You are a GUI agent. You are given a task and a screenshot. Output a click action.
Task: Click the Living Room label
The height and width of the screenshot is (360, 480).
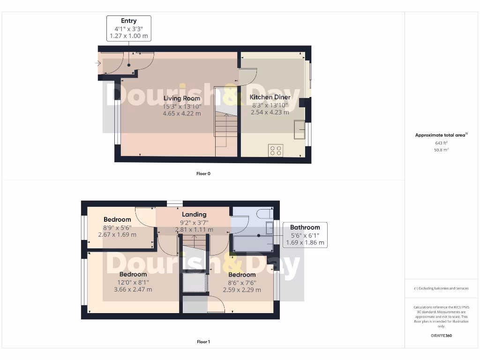(181, 98)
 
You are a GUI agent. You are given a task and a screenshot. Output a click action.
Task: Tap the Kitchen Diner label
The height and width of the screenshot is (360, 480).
(270, 97)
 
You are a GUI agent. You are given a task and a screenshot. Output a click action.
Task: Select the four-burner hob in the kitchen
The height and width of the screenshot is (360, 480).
(276, 150)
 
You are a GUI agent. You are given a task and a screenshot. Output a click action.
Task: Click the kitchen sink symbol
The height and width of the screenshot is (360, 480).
(299, 129)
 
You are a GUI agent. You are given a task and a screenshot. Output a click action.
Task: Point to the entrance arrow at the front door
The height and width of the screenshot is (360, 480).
(98, 63)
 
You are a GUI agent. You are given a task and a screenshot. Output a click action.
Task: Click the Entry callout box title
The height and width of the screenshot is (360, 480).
(129, 21)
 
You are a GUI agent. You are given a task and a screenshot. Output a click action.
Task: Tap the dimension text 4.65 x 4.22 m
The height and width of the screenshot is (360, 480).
(181, 113)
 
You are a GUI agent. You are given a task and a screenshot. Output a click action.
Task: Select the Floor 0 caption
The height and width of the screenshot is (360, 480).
(203, 173)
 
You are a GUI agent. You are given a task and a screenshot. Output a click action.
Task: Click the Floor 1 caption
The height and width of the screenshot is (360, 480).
(203, 342)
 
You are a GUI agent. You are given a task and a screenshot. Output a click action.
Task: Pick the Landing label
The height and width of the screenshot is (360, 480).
(194, 214)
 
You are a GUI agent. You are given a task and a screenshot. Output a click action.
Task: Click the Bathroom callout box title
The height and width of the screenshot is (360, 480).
(305, 227)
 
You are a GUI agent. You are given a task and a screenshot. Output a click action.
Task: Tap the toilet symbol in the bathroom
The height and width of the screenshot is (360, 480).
(263, 214)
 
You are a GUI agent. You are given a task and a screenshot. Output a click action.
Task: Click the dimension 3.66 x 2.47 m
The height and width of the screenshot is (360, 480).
(133, 289)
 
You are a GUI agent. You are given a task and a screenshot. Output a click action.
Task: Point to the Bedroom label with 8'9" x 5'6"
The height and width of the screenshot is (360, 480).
(117, 219)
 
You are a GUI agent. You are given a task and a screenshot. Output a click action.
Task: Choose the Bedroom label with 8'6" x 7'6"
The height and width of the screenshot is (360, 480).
(242, 275)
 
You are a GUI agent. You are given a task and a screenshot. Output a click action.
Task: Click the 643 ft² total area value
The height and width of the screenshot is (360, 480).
(441, 143)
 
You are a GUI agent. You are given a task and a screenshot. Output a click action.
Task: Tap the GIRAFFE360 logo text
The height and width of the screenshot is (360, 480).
(441, 336)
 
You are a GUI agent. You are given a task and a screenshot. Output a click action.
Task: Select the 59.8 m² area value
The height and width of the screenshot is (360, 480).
(441, 150)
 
